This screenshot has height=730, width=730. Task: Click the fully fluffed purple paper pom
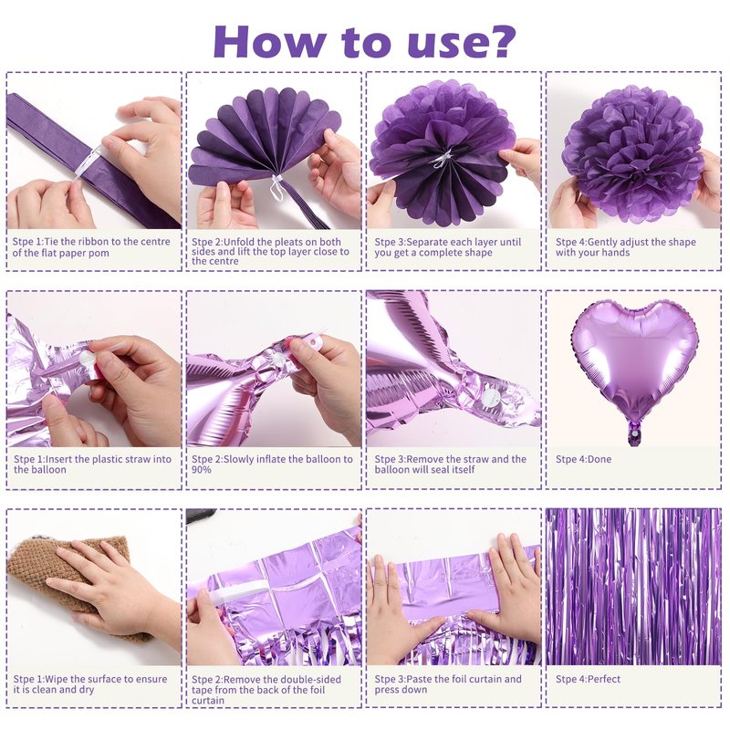point(633,147)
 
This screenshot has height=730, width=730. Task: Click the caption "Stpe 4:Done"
point(583,459)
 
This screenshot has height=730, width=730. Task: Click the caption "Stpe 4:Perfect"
point(588,679)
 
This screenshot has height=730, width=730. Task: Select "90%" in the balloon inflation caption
point(202,470)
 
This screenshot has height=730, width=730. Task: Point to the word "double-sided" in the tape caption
point(311,680)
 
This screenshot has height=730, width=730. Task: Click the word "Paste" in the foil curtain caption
point(420,679)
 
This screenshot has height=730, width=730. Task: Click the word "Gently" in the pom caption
point(603,242)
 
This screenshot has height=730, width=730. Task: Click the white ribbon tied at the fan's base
point(277,186)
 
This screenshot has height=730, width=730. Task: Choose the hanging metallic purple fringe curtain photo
point(633,587)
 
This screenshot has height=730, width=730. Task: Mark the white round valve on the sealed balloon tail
point(489,397)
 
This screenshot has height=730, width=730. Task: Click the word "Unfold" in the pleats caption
point(239,242)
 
